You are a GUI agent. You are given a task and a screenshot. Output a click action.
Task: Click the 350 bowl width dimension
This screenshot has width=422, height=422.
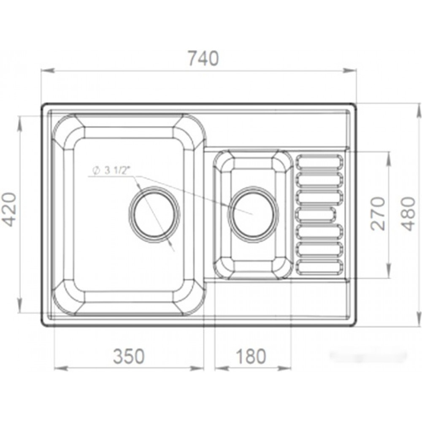129,356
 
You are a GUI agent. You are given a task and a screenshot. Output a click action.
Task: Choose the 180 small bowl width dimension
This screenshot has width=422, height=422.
251,356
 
